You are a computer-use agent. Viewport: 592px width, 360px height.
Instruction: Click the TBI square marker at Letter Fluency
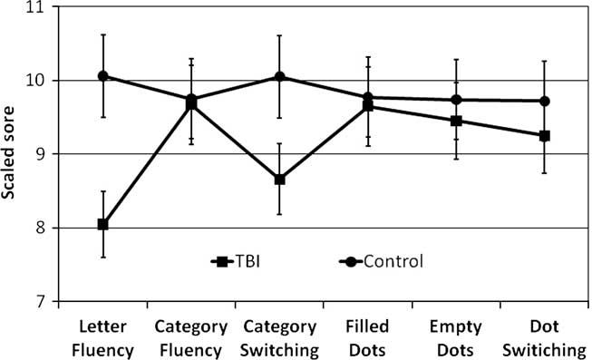click(103, 224)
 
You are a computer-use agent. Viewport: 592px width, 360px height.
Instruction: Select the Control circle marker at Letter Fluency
click(103, 76)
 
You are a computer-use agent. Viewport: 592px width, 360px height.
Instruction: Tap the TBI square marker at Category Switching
click(280, 180)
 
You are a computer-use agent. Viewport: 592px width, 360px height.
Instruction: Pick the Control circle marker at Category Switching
click(280, 77)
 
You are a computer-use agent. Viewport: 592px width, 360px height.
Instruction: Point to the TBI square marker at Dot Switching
click(544, 136)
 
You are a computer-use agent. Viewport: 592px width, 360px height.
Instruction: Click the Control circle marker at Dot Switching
click(544, 101)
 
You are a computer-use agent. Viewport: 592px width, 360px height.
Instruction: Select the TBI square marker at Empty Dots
click(456, 121)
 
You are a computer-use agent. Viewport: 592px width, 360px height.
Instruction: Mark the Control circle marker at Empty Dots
click(456, 100)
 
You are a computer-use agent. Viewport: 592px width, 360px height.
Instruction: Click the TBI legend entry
click(235, 262)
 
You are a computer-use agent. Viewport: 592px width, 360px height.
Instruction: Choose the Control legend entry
click(382, 262)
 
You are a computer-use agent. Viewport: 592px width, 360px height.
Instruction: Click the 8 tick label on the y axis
click(42, 228)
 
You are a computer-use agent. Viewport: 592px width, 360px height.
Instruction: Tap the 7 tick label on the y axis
click(42, 301)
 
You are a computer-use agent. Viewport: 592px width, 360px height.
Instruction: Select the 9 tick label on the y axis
click(42, 154)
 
